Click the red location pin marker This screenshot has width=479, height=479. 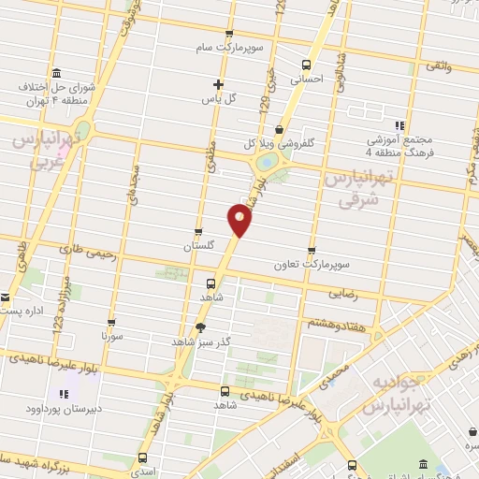pyautogui.click(x=239, y=220)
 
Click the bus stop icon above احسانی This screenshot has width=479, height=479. pyautogui.click(x=306, y=65)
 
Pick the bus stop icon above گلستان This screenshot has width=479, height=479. pyautogui.click(x=197, y=231)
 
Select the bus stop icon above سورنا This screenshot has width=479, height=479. pyautogui.click(x=111, y=321)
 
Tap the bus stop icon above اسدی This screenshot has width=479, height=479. pyautogui.click(x=142, y=457)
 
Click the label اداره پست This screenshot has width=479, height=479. pyautogui.click(x=22, y=309)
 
